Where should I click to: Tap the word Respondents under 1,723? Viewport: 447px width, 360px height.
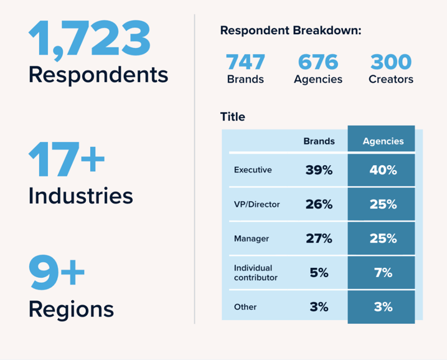(x=98, y=75)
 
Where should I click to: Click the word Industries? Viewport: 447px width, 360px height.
(x=80, y=196)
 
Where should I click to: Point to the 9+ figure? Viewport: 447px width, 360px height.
(x=57, y=274)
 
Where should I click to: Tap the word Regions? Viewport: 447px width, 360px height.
(x=71, y=309)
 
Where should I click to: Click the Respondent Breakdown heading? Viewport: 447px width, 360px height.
(x=291, y=31)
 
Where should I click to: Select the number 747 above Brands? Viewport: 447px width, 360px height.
(x=245, y=62)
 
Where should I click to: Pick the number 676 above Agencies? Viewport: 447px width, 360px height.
(x=318, y=62)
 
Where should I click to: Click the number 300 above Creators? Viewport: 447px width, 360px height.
(x=391, y=62)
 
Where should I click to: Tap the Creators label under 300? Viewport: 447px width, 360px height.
(x=391, y=80)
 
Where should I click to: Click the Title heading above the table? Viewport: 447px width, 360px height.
(x=233, y=116)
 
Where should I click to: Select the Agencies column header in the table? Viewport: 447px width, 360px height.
(x=383, y=141)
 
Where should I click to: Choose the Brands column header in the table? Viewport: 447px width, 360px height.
(x=319, y=141)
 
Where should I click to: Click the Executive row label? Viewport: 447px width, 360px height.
(x=253, y=170)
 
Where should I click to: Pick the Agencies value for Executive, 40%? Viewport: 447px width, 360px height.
(x=383, y=170)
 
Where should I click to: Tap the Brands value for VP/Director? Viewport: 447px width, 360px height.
(x=319, y=204)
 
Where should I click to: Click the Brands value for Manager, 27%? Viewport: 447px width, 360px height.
(x=319, y=239)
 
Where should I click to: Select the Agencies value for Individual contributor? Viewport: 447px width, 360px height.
(x=383, y=273)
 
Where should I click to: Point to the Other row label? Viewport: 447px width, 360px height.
(x=245, y=307)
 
